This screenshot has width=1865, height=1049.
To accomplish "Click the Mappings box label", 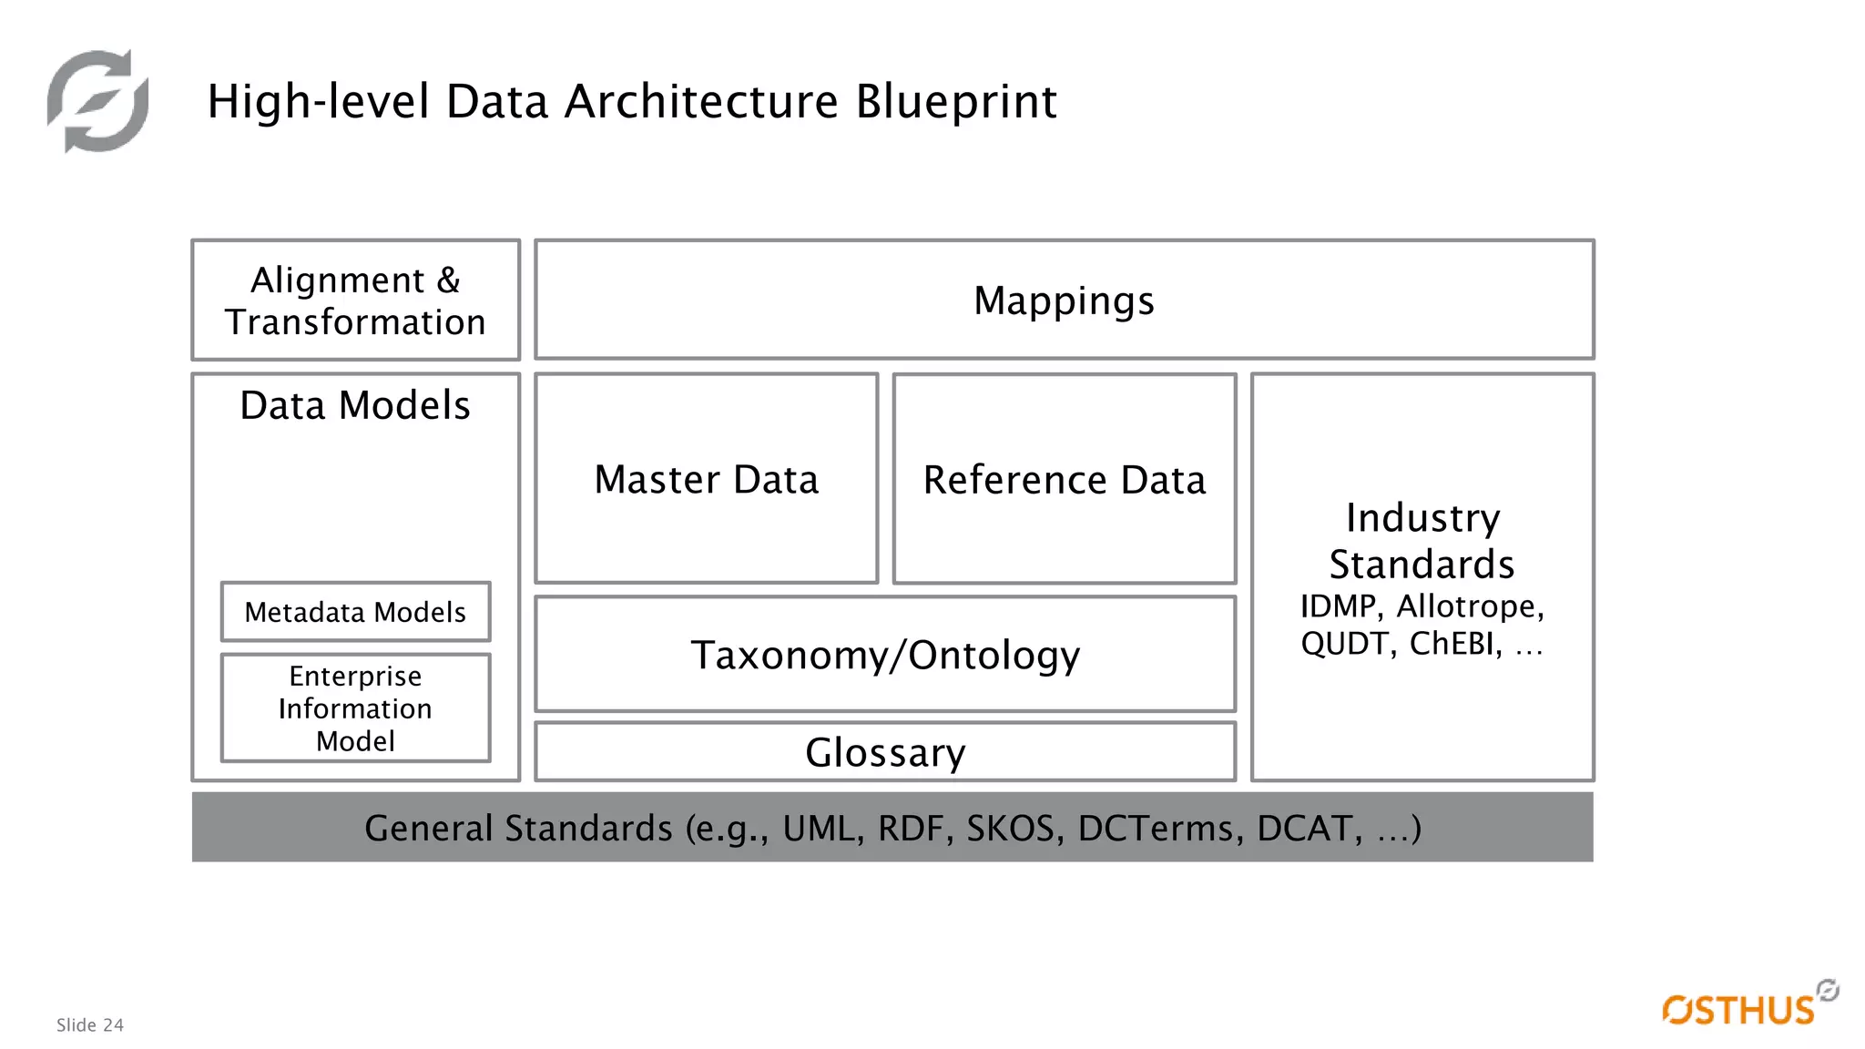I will (1064, 300).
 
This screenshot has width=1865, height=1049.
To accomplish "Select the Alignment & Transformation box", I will (355, 300).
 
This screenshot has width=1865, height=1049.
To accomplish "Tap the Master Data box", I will (706, 479).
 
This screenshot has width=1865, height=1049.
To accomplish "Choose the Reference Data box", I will (1064, 479).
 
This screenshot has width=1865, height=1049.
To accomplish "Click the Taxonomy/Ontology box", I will (884, 655).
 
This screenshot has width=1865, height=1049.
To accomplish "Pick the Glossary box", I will (884, 752).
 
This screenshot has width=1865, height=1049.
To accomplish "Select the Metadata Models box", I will (355, 612).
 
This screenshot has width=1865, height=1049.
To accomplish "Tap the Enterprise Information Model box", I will (355, 708).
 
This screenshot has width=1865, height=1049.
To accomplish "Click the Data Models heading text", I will (355, 405).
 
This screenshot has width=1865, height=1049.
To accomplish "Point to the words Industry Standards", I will (1422, 541).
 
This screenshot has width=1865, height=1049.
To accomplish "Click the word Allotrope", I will (1469, 606).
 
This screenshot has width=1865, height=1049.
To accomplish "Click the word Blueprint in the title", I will (955, 101).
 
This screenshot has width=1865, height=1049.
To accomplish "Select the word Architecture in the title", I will (701, 101).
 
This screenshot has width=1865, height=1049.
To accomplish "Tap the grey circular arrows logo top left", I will (98, 101).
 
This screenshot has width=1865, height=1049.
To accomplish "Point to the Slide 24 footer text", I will (90, 1025).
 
